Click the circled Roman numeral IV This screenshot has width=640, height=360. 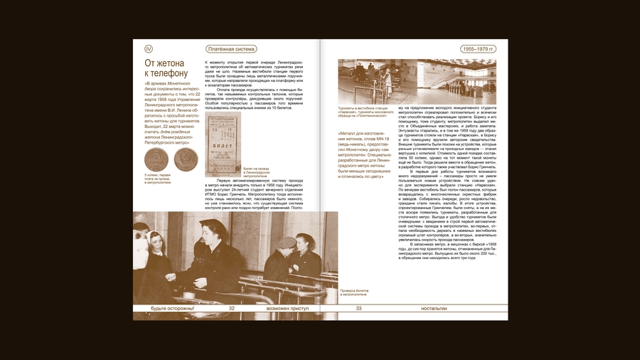click(x=149, y=49)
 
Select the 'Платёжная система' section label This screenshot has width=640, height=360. click(x=231, y=49)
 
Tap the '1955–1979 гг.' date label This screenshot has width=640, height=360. click(x=478, y=49)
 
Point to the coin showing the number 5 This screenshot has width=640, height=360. click(x=155, y=159)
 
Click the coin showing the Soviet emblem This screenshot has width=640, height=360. click(x=186, y=159)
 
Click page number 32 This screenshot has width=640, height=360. click(x=231, y=308)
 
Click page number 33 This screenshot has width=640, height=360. click(x=358, y=308)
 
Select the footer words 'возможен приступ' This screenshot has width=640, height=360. click(x=287, y=308)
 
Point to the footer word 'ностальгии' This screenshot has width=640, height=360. click(x=434, y=308)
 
